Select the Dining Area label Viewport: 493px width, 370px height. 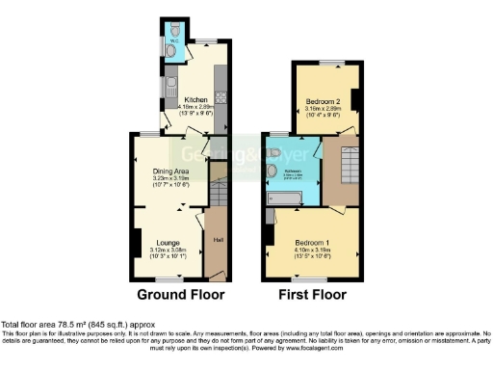click(x=169, y=170)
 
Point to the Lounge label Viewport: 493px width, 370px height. click(x=169, y=242)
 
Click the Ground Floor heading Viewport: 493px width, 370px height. click(x=180, y=294)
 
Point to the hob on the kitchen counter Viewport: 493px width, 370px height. click(x=221, y=97)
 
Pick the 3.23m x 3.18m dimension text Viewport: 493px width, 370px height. click(x=169, y=178)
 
